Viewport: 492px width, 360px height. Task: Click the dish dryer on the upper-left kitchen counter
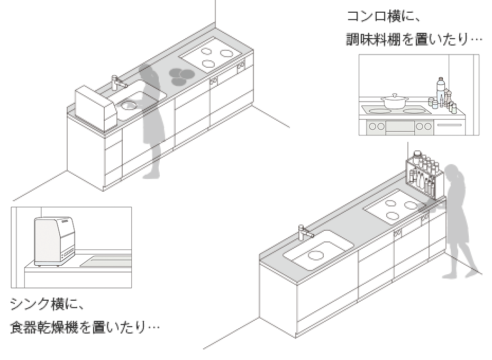96,107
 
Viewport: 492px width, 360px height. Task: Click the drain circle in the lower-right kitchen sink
315,255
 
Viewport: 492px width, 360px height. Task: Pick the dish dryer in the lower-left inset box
54,241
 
